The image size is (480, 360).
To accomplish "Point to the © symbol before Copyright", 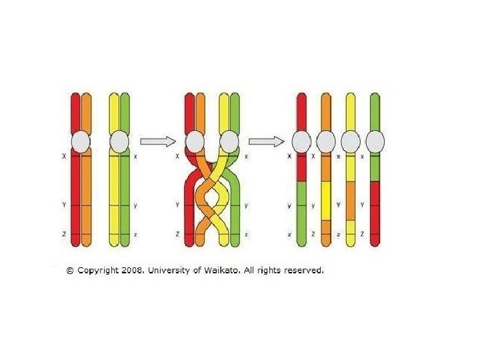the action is (x=70, y=271).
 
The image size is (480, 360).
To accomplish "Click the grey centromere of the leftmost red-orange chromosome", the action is (x=81, y=141).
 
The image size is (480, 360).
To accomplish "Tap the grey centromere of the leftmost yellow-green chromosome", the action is (x=119, y=141).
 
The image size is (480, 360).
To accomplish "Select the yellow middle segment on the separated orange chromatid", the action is (x=326, y=200).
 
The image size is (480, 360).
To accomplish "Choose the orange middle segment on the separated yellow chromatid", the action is (x=351, y=200).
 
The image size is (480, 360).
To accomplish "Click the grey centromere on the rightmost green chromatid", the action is (x=375, y=141).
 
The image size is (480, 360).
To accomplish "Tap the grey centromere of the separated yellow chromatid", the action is (x=351, y=141).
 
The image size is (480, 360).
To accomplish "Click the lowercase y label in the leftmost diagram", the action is (x=135, y=205).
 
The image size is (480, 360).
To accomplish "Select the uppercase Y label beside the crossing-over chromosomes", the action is (x=178, y=205).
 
